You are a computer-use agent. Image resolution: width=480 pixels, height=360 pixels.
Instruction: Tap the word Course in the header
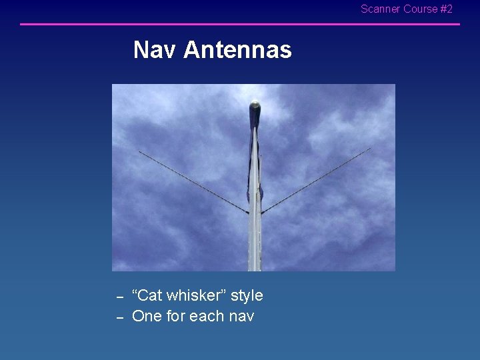coord(421,9)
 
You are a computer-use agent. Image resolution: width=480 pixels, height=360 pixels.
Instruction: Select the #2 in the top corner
coord(447,9)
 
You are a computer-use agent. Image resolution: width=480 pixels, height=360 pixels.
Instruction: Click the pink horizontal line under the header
coord(240,25)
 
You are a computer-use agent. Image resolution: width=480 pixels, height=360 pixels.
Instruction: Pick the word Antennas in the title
coord(237,50)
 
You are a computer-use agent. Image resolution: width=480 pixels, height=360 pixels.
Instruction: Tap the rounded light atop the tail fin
coord(254,105)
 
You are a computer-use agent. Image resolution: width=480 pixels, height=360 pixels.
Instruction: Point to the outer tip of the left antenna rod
coord(139,153)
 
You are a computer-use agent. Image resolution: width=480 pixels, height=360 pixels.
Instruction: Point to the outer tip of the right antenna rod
coord(370,149)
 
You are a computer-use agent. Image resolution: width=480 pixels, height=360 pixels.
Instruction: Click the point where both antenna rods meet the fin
coord(254,213)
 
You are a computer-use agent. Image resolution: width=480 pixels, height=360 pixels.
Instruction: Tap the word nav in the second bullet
coord(240,316)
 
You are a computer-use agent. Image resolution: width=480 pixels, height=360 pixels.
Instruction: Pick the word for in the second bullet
coord(176,316)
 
